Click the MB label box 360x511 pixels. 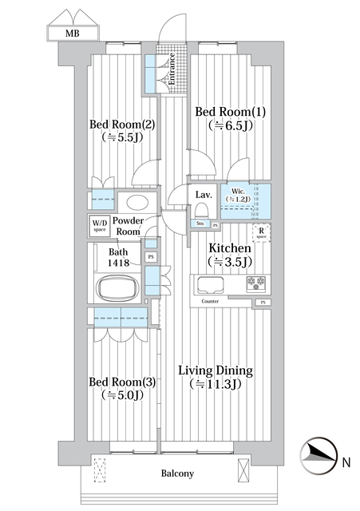(73, 34)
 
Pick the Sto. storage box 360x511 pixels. (200, 224)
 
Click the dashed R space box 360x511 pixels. (261, 234)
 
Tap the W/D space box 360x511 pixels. (98, 225)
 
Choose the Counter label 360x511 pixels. (211, 302)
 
